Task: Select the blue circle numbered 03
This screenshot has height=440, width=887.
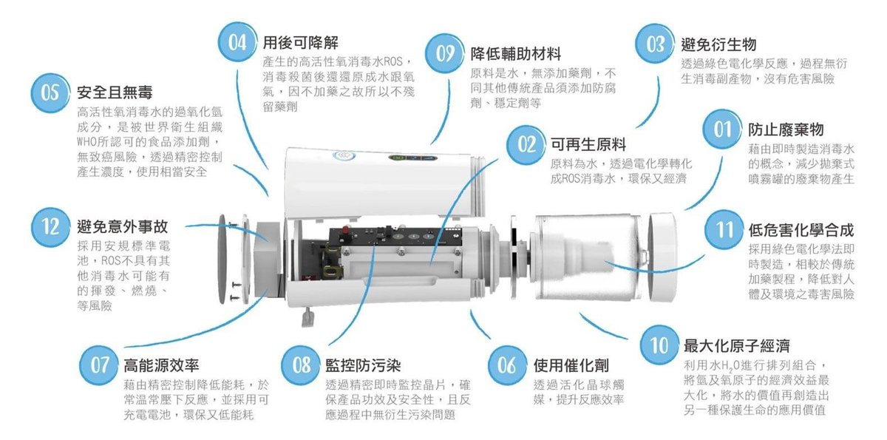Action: (655, 44)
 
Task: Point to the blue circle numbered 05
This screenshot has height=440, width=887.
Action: (50, 92)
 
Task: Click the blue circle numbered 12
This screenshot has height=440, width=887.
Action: (50, 225)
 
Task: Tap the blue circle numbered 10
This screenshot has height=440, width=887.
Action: (659, 345)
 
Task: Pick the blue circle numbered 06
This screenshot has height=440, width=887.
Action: (506, 365)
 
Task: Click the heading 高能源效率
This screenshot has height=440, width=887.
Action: (160, 365)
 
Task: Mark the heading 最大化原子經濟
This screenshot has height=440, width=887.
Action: (736, 345)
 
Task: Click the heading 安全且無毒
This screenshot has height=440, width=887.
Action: (115, 92)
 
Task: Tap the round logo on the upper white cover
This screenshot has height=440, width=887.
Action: (343, 156)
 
